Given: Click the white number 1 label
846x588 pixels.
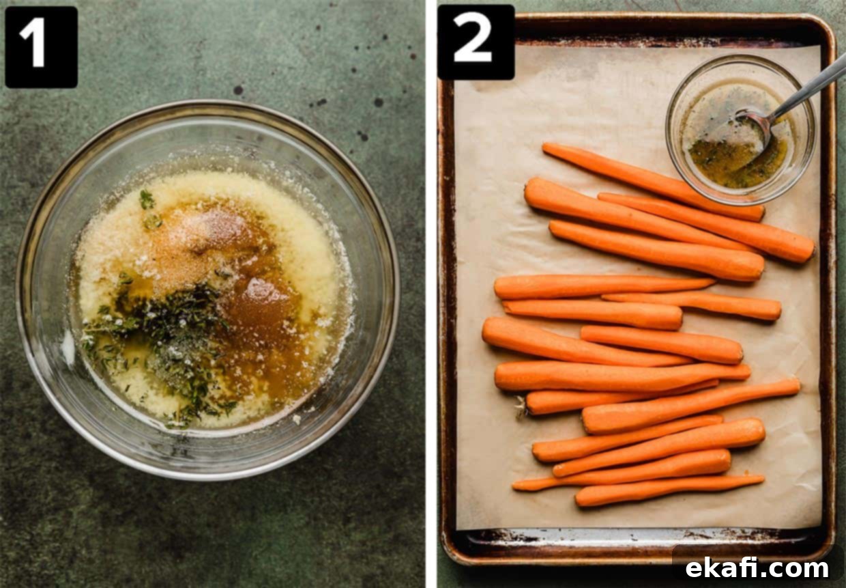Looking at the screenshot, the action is click(34, 44).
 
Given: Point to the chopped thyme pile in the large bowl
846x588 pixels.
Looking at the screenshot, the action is click(170, 333).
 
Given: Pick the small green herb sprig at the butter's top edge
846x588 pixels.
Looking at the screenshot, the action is click(147, 199).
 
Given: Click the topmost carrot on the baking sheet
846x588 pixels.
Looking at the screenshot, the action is click(654, 182).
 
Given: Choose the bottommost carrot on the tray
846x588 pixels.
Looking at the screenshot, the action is click(669, 491).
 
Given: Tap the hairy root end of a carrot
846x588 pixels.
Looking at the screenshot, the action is click(522, 408).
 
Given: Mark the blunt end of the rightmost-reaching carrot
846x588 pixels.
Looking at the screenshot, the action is click(809, 249).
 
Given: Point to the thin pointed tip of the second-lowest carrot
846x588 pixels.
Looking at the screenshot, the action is click(516, 486).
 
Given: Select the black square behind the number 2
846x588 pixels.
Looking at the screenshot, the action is click(476, 42).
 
